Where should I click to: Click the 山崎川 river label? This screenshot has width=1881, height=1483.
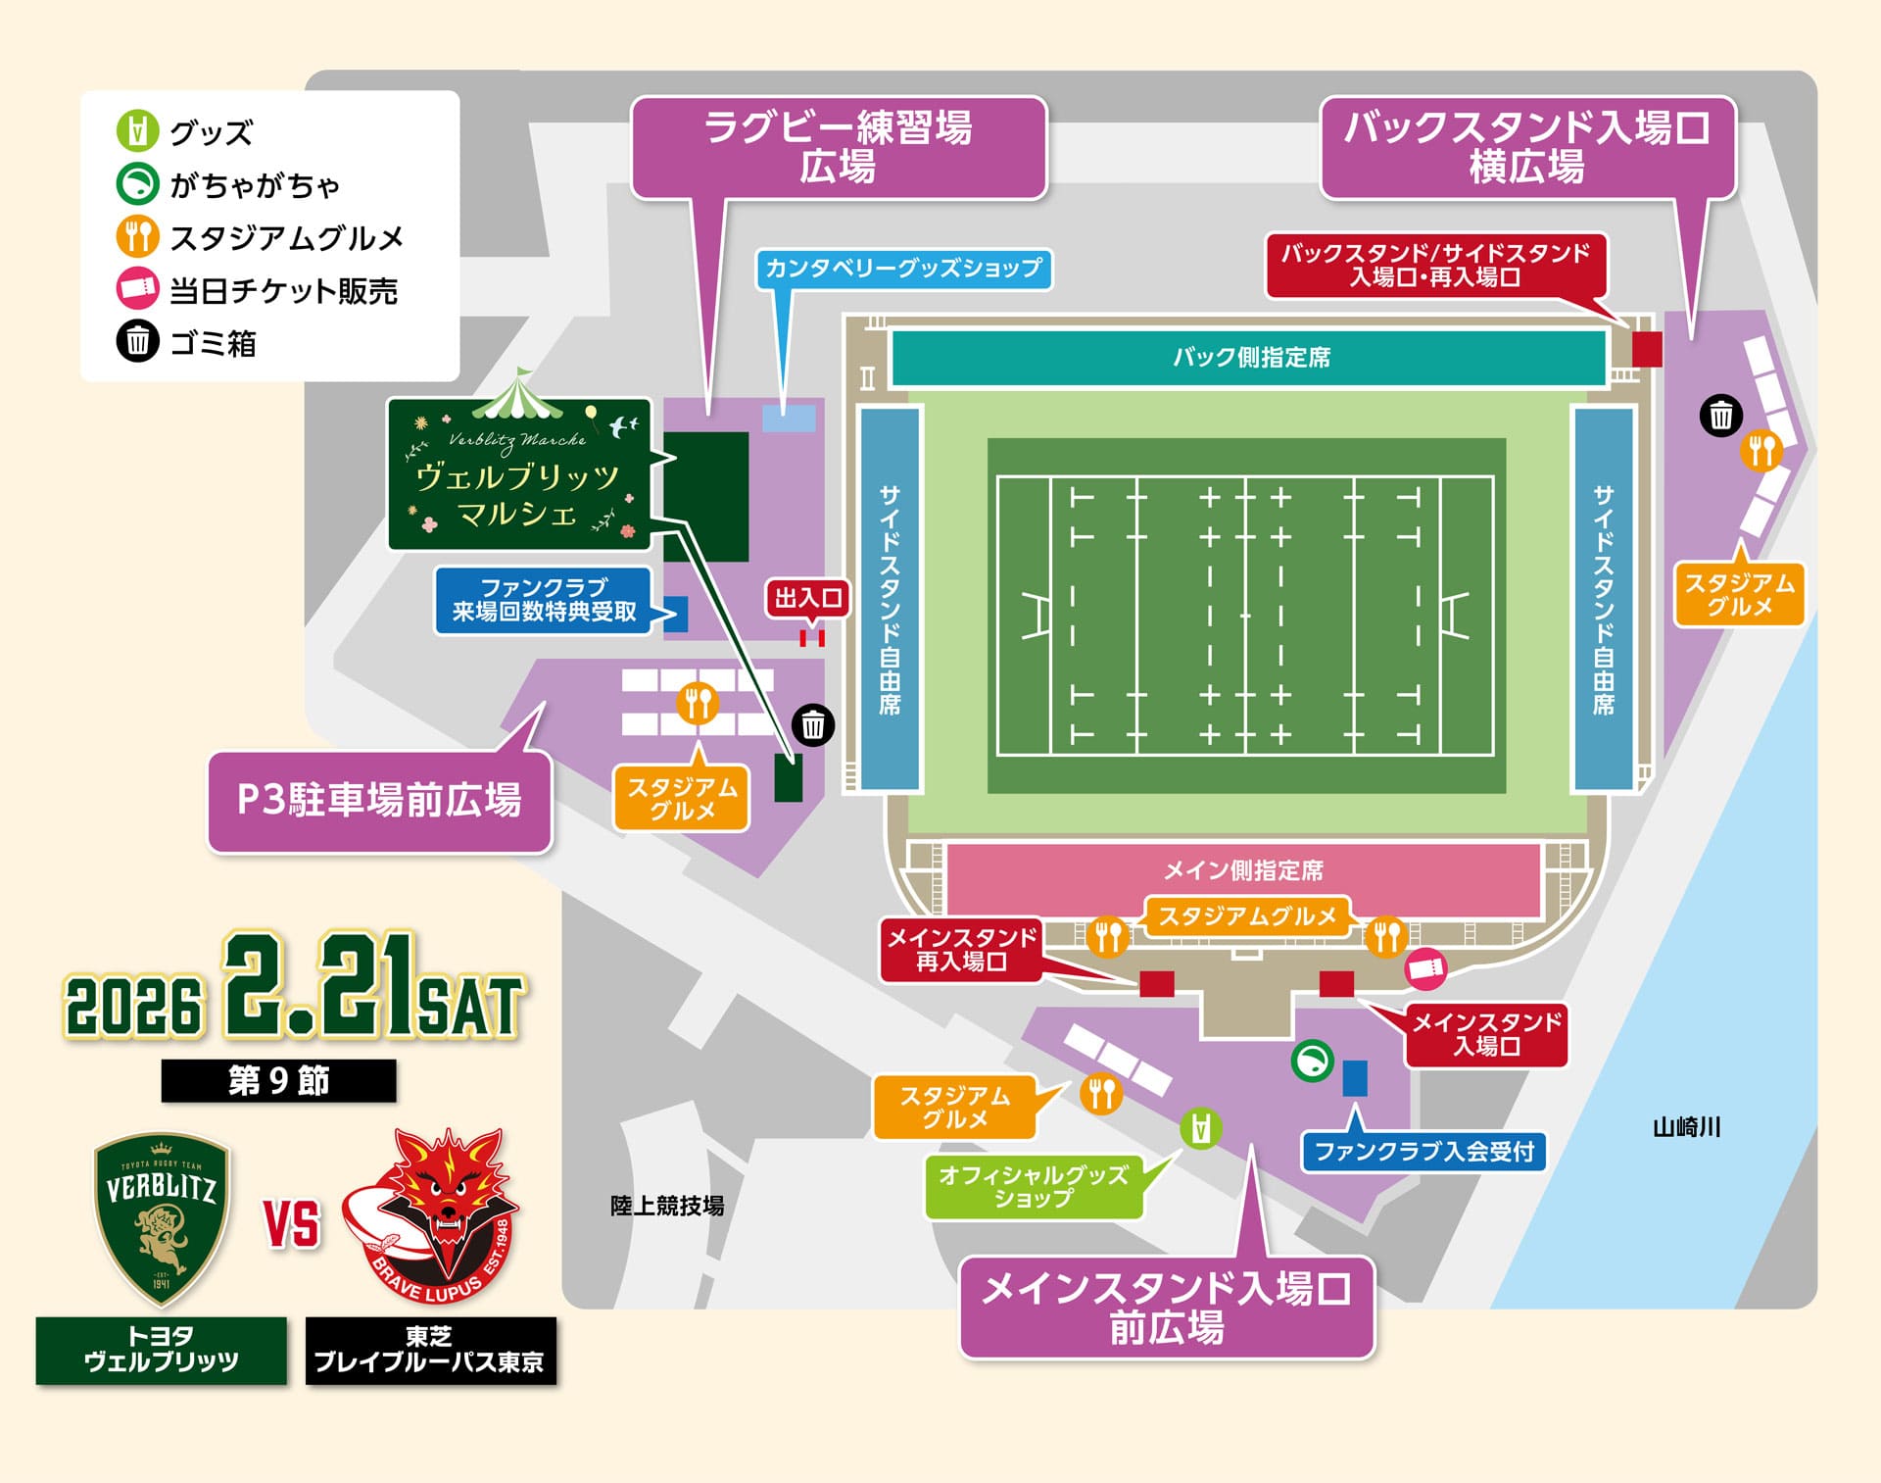(1686, 1127)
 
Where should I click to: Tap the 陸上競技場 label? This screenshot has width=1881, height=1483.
(666, 1206)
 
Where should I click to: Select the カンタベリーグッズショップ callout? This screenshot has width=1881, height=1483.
(903, 269)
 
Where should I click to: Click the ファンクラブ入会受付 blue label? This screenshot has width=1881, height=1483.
(1423, 1152)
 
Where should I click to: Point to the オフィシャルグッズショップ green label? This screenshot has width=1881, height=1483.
(1034, 1187)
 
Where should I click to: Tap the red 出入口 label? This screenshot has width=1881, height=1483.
(808, 598)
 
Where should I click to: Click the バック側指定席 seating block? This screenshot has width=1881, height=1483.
(1250, 358)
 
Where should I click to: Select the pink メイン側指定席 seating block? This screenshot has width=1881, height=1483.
(1242, 870)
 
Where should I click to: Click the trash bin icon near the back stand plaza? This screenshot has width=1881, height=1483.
(1720, 416)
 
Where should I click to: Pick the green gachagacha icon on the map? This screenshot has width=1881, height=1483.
(1312, 1061)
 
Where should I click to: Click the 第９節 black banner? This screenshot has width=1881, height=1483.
(278, 1080)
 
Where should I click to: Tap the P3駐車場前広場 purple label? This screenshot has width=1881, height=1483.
(379, 801)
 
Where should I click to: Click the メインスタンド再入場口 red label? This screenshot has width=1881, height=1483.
(961, 950)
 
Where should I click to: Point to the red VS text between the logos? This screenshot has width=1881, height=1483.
(292, 1225)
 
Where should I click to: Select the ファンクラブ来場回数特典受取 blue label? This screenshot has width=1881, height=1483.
(544, 600)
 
